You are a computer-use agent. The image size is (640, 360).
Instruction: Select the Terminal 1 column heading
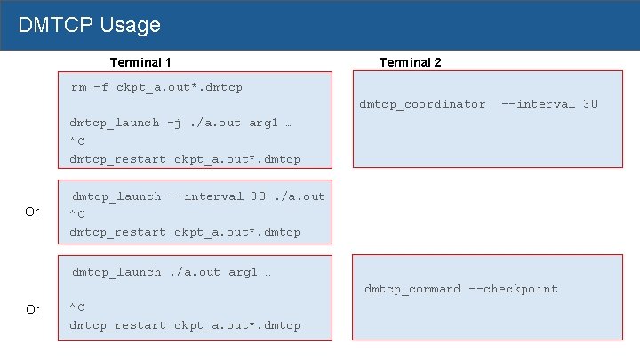(x=140, y=62)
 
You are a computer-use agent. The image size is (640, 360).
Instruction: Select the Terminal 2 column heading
(x=410, y=62)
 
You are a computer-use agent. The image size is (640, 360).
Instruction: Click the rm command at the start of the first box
(x=79, y=87)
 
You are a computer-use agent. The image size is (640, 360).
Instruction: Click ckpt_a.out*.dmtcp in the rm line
(x=180, y=87)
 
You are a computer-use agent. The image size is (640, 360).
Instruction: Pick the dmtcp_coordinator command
(x=422, y=104)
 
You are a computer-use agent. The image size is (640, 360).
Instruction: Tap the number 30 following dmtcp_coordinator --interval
(x=590, y=104)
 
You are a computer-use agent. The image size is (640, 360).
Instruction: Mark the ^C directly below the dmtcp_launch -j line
(x=76, y=141)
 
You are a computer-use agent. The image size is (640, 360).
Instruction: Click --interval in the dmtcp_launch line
(x=205, y=196)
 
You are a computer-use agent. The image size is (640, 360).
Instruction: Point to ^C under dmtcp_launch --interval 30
(x=76, y=214)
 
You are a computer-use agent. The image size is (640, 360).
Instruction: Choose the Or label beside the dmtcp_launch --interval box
(x=32, y=212)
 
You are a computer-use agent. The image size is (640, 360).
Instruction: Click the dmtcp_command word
(x=412, y=289)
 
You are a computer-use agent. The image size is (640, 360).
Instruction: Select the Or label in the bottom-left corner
(x=32, y=309)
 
